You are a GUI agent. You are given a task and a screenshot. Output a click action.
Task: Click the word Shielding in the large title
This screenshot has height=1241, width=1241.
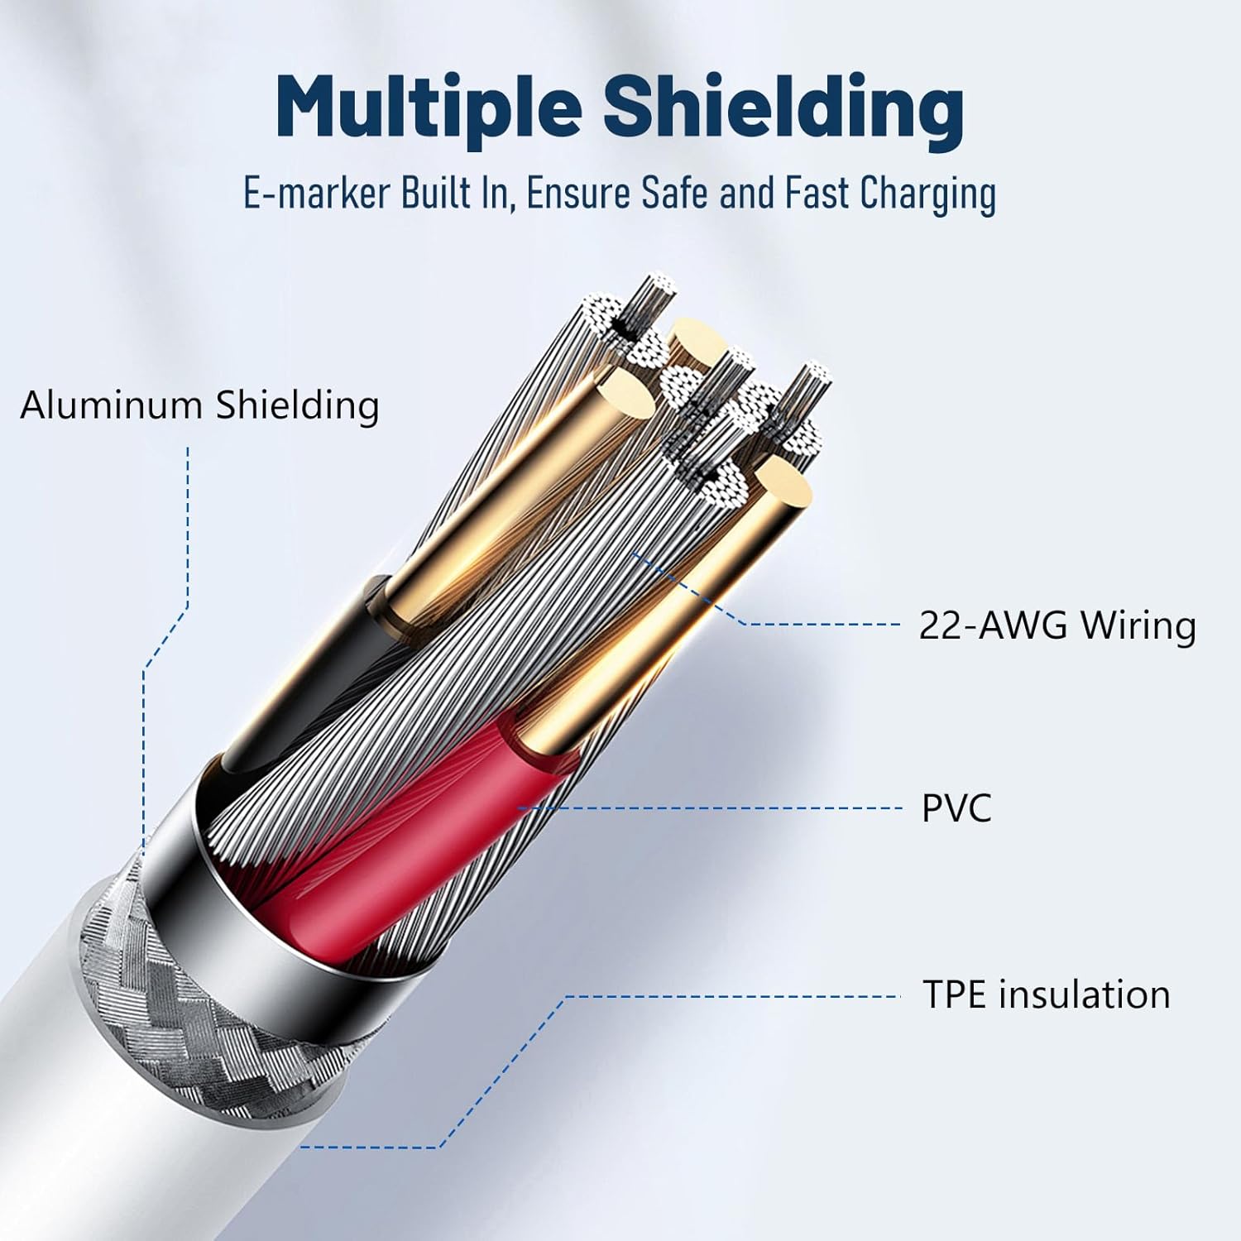[x=783, y=108]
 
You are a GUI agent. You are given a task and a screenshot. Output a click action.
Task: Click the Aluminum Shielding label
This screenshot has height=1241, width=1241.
[x=199, y=405]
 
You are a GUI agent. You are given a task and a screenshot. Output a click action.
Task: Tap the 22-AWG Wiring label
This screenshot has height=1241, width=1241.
[x=1057, y=625]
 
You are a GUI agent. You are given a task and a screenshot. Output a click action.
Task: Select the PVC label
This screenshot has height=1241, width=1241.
[x=956, y=808]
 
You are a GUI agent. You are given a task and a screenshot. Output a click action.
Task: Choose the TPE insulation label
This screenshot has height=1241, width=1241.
[x=1046, y=994]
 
